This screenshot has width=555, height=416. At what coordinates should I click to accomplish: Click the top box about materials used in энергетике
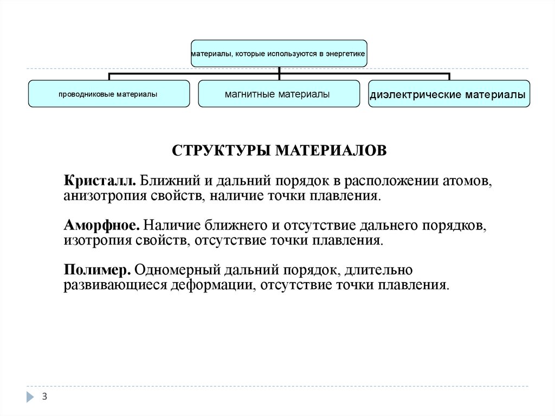(x=279, y=54)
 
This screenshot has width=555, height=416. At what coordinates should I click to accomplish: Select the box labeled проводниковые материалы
(x=108, y=94)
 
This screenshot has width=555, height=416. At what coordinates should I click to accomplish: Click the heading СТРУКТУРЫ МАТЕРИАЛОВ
(x=280, y=150)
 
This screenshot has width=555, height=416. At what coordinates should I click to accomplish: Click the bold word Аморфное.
(x=102, y=225)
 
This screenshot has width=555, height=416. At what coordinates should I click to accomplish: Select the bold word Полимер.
(x=97, y=270)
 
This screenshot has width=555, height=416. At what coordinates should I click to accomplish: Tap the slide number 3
(x=44, y=397)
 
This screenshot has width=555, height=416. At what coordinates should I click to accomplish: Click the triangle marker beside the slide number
(x=29, y=397)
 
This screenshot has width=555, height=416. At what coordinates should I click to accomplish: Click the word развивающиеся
(x=114, y=285)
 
